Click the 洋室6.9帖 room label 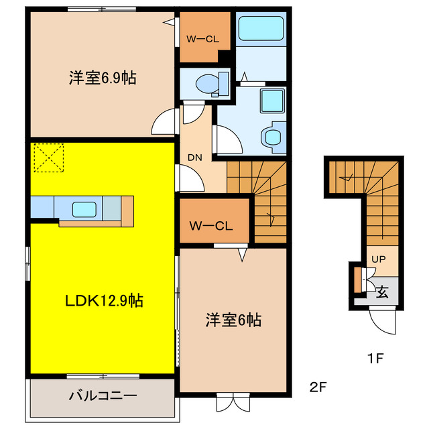103,78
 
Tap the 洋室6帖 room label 233,320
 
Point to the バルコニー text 103,395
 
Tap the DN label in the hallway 194,158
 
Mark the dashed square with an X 47,158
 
